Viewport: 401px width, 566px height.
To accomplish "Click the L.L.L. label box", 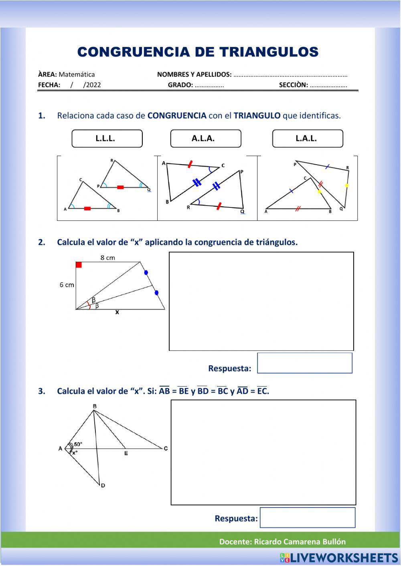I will tap(107, 139).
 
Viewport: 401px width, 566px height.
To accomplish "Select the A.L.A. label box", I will tap(205, 139).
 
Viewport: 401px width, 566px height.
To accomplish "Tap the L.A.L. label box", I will tap(307, 139).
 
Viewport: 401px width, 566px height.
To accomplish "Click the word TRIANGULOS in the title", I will tap(269, 52).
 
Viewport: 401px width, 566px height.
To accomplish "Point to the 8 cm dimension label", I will tap(107, 258).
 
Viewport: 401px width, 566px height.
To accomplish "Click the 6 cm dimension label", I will tap(67, 285).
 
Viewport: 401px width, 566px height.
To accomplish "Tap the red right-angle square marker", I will tap(79, 265).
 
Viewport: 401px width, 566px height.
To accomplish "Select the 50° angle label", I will tap(78, 444).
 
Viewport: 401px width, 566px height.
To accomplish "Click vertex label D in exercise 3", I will tap(103, 485).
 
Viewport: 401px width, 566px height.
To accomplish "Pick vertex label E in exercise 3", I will tap(126, 453).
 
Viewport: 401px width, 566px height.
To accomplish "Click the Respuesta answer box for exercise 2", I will tap(304, 363).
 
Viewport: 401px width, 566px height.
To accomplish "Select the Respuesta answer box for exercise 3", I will tap(307, 518).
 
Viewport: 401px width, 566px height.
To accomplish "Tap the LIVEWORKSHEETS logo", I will tap(339, 558).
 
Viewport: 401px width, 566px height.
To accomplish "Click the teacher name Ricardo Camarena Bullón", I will tap(300, 542).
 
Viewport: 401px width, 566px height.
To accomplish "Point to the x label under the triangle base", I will tap(117, 312).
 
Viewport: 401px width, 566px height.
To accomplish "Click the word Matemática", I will tap(77, 75).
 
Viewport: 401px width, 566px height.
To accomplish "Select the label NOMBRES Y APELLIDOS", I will tap(194, 75).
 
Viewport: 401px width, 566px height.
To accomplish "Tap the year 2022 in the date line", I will tap(93, 85).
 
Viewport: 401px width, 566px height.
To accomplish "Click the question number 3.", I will tap(42, 391).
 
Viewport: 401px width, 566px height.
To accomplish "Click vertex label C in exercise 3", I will tap(166, 448).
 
